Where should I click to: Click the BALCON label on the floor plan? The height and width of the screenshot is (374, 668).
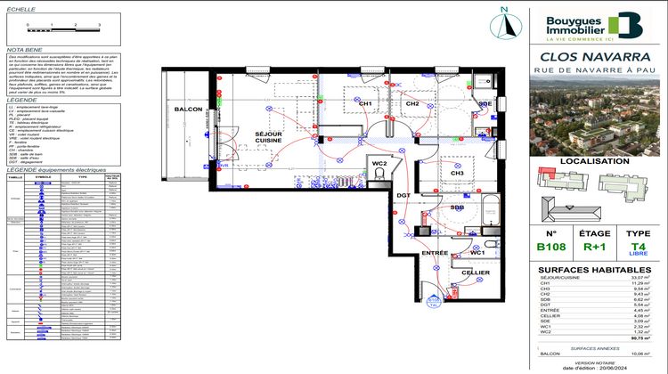click(188, 110)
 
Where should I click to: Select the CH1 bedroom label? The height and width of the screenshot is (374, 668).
click(365, 104)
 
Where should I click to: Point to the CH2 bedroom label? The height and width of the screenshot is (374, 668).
click(412, 104)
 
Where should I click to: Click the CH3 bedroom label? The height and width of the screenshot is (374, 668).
click(457, 174)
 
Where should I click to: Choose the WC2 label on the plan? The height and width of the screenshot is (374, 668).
click(380, 164)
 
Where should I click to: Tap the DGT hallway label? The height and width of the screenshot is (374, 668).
click(403, 195)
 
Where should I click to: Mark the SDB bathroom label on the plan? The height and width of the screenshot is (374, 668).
click(457, 207)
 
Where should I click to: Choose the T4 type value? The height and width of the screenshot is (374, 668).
click(639, 247)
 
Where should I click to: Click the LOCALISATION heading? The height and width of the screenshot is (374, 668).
click(596, 162)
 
